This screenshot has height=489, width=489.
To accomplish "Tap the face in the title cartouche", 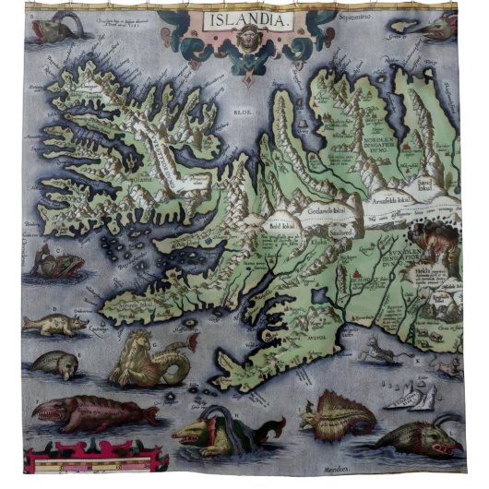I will click(240, 42).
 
